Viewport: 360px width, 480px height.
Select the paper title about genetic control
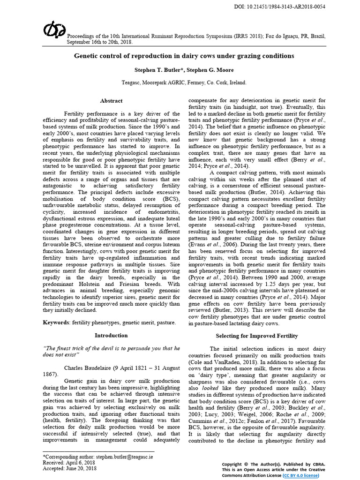(184, 56)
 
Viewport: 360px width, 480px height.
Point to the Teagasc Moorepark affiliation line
(184, 82)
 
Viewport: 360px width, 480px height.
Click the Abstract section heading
(111, 100)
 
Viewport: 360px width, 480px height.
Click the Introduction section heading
(111, 335)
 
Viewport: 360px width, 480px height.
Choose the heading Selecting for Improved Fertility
(256, 336)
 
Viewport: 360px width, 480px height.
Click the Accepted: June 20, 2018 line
(70, 468)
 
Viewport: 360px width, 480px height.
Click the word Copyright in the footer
(233, 464)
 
